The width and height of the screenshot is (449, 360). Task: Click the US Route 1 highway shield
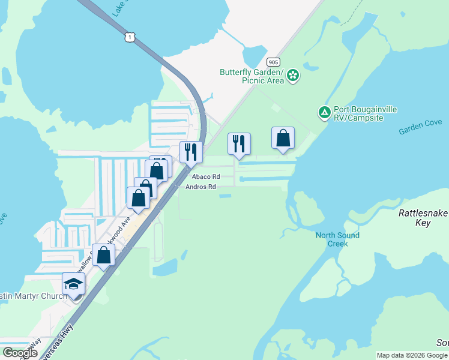(x=130, y=37)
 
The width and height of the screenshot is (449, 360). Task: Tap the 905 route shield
(x=273, y=62)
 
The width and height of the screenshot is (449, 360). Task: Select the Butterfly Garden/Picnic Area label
(x=252, y=76)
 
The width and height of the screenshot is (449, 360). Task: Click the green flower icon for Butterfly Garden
(x=293, y=75)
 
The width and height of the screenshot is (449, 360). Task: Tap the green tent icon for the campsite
(x=324, y=112)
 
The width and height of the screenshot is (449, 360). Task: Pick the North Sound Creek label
(x=337, y=239)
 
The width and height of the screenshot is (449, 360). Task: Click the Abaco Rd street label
(x=206, y=177)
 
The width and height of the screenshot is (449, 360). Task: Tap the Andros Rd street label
(x=200, y=187)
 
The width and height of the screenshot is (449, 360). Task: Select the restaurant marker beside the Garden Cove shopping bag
(x=239, y=144)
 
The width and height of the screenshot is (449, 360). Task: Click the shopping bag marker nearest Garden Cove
(x=283, y=139)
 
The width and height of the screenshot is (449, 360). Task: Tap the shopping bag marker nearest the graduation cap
(x=104, y=254)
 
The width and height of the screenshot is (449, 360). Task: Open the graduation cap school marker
(x=74, y=284)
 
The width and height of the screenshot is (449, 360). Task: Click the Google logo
(x=20, y=353)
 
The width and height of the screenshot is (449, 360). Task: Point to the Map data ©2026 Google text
(x=412, y=355)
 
